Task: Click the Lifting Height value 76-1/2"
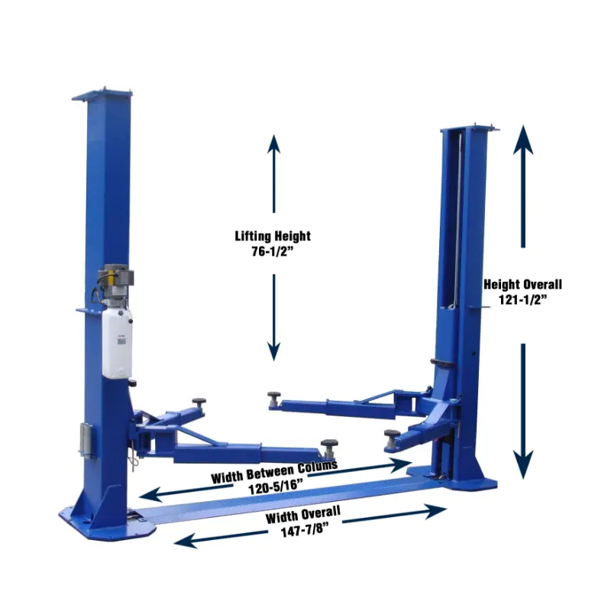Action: [272, 252]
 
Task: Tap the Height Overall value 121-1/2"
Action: [523, 299]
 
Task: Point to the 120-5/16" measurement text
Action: [276, 487]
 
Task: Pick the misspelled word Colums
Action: [318, 467]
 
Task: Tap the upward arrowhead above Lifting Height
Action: [274, 144]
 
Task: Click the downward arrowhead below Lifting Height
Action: [274, 351]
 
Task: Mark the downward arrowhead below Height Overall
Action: [523, 464]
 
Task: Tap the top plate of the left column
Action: [102, 95]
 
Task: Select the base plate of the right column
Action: [452, 480]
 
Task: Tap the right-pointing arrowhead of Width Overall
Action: [435, 511]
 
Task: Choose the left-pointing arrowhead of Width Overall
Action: [186, 541]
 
